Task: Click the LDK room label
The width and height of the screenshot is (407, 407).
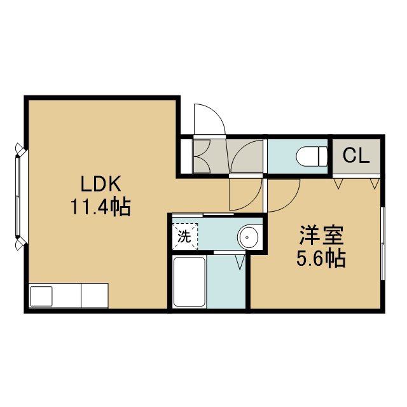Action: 101,184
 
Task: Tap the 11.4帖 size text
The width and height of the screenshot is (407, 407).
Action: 100,207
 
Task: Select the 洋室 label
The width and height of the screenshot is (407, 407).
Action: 321,235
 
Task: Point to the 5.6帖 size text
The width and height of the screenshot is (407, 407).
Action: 321,258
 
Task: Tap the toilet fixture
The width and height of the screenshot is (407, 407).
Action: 312,156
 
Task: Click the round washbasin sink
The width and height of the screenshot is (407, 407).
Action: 249,237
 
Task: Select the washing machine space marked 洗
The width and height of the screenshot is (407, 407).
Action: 185,237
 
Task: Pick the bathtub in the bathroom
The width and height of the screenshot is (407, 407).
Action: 190,282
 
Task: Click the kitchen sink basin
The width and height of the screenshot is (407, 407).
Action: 41,296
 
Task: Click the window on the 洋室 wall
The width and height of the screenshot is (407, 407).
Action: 383,243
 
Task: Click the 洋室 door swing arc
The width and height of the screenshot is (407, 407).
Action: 290,202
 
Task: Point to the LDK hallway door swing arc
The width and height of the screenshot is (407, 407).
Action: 251,202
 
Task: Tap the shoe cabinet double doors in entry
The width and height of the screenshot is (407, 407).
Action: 202,156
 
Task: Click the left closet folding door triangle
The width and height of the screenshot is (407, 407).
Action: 338,183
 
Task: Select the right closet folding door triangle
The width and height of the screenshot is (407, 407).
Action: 375,183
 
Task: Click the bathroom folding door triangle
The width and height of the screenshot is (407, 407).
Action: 240,263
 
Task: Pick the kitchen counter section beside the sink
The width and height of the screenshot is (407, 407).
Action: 95,296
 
